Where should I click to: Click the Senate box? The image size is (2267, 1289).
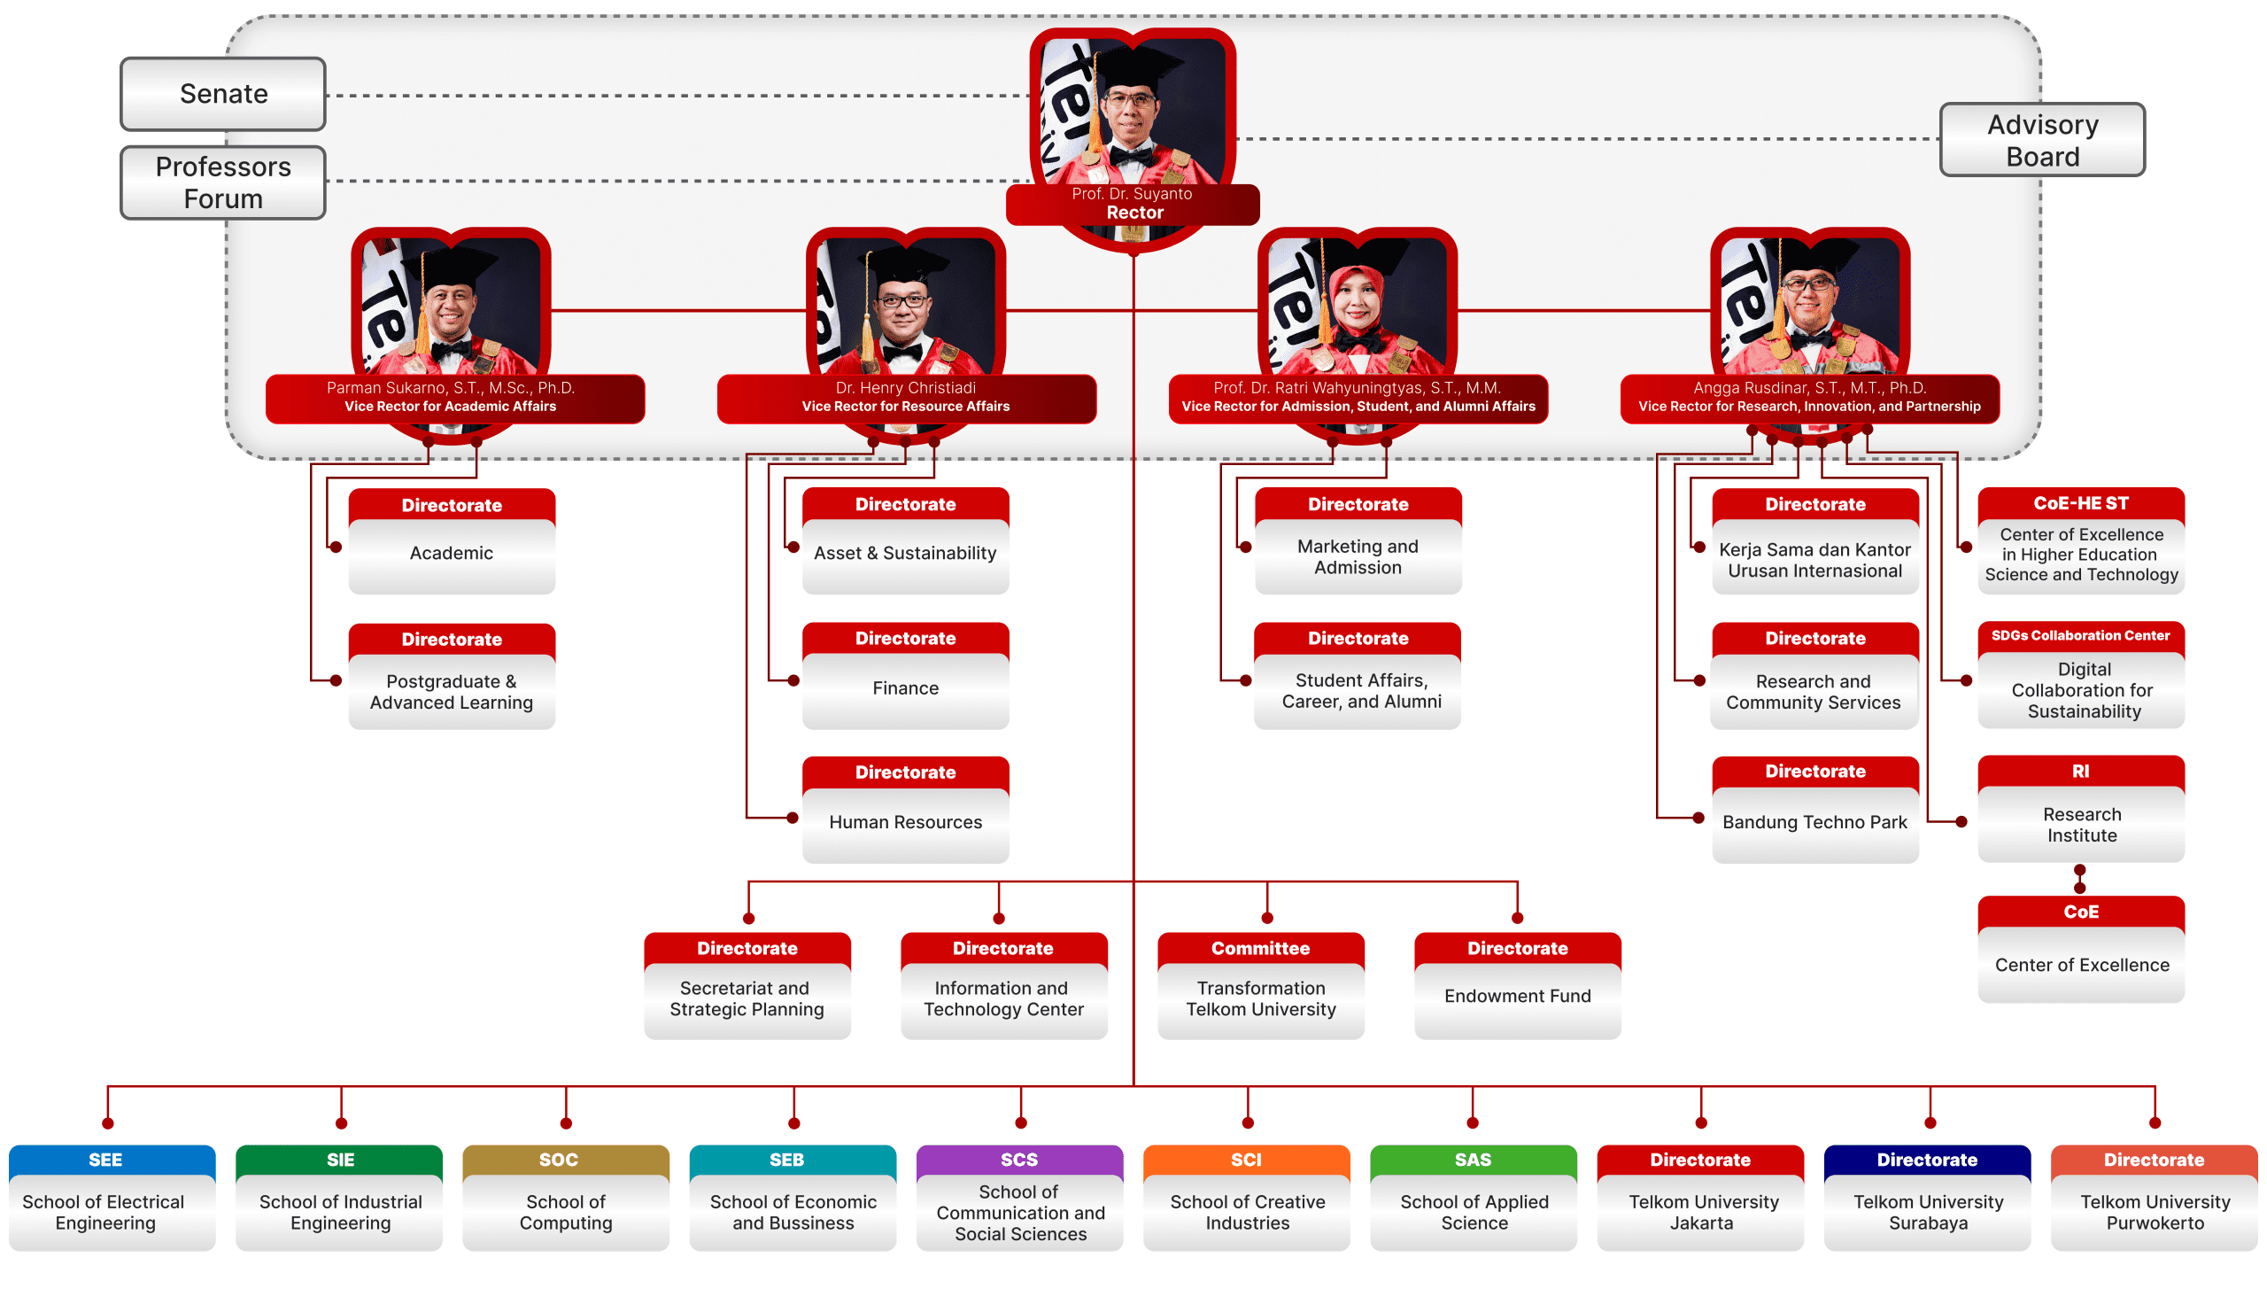pyautogui.click(x=223, y=94)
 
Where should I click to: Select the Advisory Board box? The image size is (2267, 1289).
pyautogui.click(x=2042, y=140)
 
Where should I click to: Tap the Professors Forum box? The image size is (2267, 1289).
pyautogui.click(x=223, y=182)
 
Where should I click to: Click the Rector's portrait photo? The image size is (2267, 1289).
pyautogui.click(x=1133, y=115)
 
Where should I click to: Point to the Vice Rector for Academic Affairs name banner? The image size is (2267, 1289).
pyautogui.click(x=454, y=398)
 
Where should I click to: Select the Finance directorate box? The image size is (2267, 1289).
pyautogui.click(x=905, y=675)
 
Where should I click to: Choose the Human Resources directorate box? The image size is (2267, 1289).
pyautogui.click(x=905, y=809)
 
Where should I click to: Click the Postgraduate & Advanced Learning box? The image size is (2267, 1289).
pyautogui.click(x=452, y=676)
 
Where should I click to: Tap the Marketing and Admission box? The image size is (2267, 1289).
pyautogui.click(x=1358, y=540)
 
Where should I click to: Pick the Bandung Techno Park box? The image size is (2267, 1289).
pyautogui.click(x=1815, y=809)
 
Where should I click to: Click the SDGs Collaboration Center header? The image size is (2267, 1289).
pyautogui.click(x=2081, y=636)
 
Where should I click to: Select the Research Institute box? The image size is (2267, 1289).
pyautogui.click(x=2081, y=809)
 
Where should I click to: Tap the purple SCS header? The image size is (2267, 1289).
pyautogui.click(x=1019, y=1160)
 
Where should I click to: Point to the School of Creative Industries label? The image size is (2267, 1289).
pyautogui.click(x=1247, y=1212)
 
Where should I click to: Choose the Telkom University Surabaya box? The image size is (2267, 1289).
pyautogui.click(x=1927, y=1198)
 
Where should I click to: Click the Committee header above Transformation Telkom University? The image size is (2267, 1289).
pyautogui.click(x=1261, y=948)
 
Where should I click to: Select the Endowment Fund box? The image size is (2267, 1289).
pyautogui.click(x=1518, y=985)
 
